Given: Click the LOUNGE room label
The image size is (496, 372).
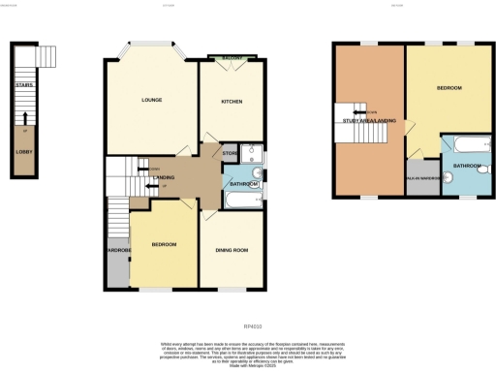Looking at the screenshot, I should pyautogui.click(x=151, y=100).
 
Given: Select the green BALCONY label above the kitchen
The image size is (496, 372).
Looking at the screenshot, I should pyautogui.click(x=231, y=59).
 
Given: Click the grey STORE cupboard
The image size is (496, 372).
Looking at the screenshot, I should pyautogui.click(x=230, y=152).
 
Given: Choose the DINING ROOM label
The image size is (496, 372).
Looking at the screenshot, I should pyautogui.click(x=231, y=250).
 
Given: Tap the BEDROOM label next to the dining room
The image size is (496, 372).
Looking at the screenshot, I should pyautogui.click(x=164, y=245).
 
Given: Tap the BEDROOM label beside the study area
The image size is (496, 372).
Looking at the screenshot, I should pyautogui.click(x=449, y=88).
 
